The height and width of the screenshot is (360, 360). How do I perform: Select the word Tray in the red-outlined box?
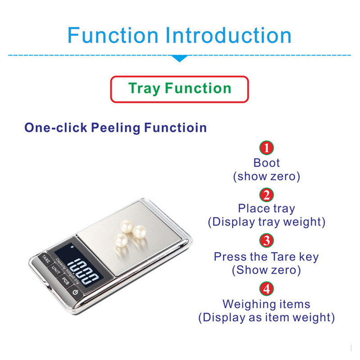click(144, 88)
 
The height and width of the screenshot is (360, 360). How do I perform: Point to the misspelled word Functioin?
click(175, 127)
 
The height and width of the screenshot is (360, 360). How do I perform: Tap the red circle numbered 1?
click(266, 148)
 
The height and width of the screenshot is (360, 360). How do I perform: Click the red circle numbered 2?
click(266, 194)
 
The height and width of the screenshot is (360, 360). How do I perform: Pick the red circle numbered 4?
click(266, 288)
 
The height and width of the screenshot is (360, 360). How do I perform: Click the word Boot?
click(266, 163)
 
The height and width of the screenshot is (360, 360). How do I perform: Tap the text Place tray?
click(266, 209)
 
